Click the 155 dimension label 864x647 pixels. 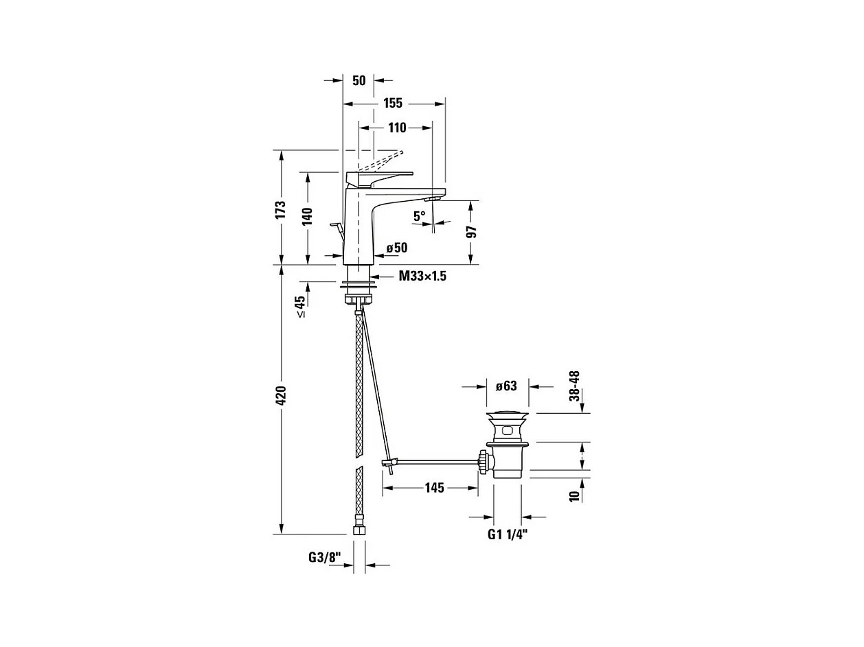[393, 104]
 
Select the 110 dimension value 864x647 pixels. [397, 128]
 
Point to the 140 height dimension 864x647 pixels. [307, 216]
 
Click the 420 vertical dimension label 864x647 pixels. [280, 396]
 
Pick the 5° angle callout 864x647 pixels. [419, 216]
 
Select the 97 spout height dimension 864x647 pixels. [471, 231]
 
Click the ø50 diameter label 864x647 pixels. [397, 248]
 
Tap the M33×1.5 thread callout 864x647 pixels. [422, 277]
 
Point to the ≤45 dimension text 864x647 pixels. [299, 306]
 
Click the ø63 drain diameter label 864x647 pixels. [506, 386]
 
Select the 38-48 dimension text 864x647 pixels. [574, 386]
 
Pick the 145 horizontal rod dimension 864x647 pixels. [434, 488]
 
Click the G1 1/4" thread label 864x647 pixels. [508, 534]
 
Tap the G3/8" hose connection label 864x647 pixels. [325, 558]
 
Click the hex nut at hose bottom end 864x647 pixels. [358, 530]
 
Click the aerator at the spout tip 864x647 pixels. [432, 198]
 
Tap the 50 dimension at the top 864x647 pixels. [359, 80]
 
